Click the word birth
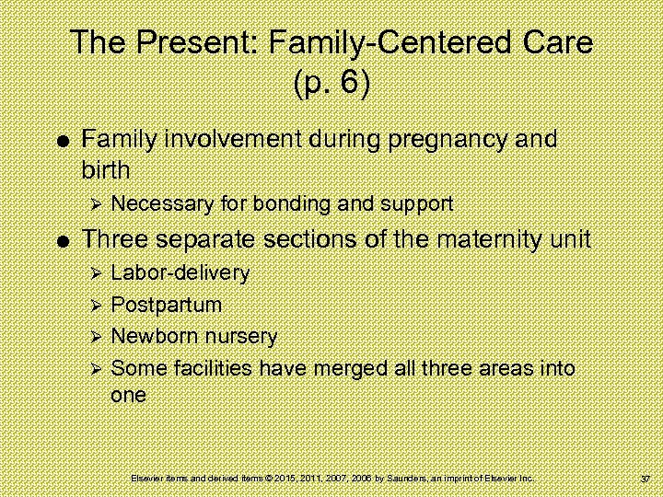106,170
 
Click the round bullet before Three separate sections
60,241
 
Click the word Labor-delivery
180,273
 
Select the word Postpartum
167,305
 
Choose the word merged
348,369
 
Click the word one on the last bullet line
128,396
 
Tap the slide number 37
645,480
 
